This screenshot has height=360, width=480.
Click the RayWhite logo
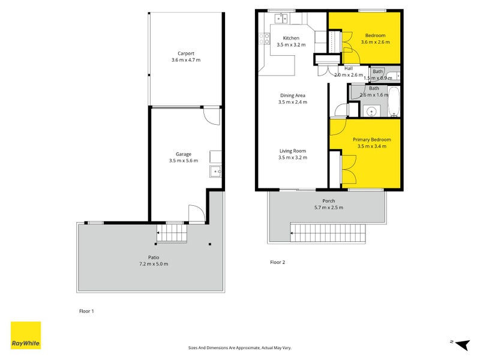[x=26, y=335]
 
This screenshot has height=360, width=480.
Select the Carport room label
[x=185, y=53]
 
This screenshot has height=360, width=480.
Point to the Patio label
[x=154, y=257]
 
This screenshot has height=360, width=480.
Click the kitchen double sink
[x=280, y=19]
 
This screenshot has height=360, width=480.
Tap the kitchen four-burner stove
[x=265, y=39]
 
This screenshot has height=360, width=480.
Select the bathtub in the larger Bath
[x=394, y=102]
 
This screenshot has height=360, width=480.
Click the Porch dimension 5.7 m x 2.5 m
[x=328, y=208]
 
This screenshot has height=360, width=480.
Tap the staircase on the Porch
[x=328, y=232]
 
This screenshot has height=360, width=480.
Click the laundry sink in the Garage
[x=216, y=172]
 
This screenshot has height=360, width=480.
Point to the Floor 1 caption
[x=87, y=311]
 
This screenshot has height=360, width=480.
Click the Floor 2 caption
[x=277, y=262]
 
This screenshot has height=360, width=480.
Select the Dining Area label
[x=292, y=95]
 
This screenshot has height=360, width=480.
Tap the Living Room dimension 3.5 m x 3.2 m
[x=292, y=158]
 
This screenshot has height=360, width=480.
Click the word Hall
[x=348, y=68]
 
